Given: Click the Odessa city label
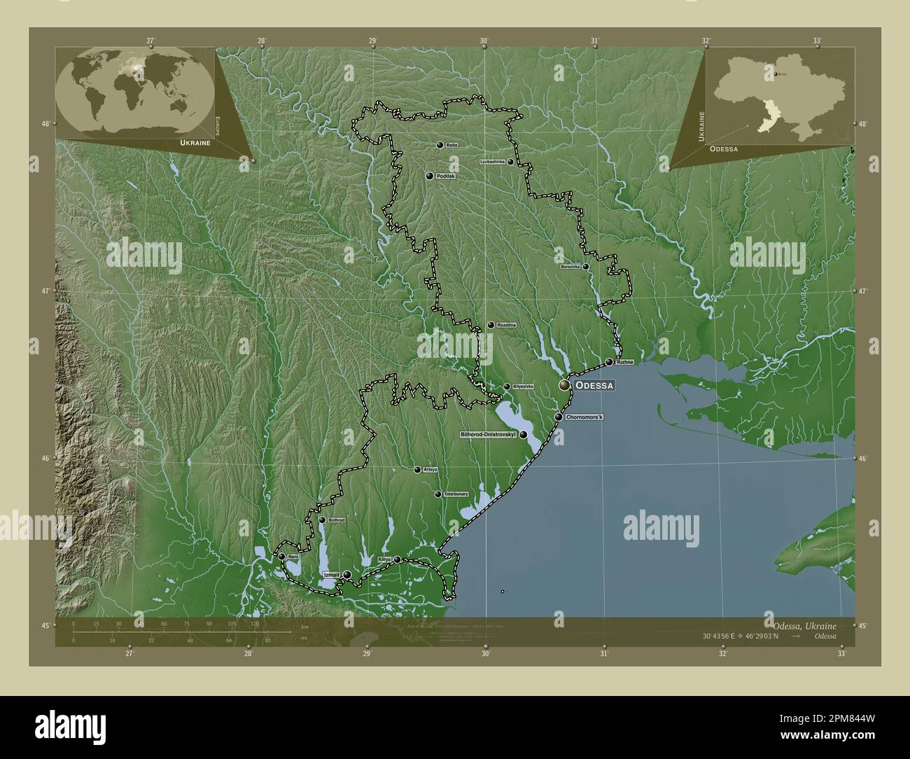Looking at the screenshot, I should pos(595,386).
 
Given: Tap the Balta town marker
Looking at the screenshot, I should pos(440,145).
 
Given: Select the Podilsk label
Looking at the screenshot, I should pos(446,176).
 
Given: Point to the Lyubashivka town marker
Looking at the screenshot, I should pos(510,162).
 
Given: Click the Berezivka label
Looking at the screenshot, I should pos(570,267).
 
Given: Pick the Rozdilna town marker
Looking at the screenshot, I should pos(491,325).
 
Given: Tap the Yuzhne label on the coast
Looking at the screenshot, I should pos(625,362).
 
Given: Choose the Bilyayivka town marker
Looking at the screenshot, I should pos(507,387).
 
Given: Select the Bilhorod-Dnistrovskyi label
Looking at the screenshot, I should pos(488,435).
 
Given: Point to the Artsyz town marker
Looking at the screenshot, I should pos(417,470).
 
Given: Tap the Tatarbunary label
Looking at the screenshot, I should pos(456,494).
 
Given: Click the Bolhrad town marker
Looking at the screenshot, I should pos(322,520).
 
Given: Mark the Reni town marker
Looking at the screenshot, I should pos(281,557).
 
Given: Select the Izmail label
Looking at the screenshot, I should pos(332,575).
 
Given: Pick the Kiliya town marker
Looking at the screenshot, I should pos(398,559).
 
